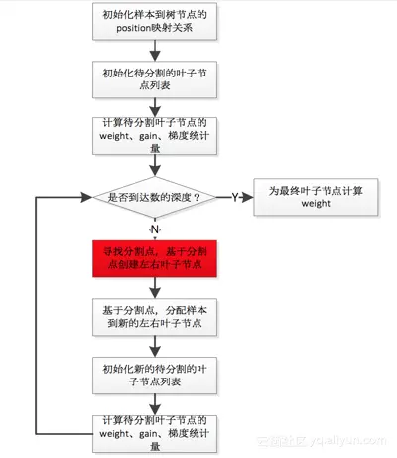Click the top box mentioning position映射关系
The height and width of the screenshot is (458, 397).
click(154, 24)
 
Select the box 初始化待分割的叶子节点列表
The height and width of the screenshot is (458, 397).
click(154, 81)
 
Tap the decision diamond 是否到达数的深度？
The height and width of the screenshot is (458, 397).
click(154, 197)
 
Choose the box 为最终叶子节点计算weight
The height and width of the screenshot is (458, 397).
click(308, 196)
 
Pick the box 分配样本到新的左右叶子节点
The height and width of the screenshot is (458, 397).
click(154, 316)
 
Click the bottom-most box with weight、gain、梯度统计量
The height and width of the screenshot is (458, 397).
click(154, 431)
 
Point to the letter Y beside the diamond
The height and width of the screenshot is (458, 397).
click(234, 197)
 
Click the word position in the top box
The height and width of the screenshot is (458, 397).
click(123, 31)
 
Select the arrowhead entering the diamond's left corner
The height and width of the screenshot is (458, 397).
click(84, 197)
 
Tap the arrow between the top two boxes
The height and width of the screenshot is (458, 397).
click(154, 53)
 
